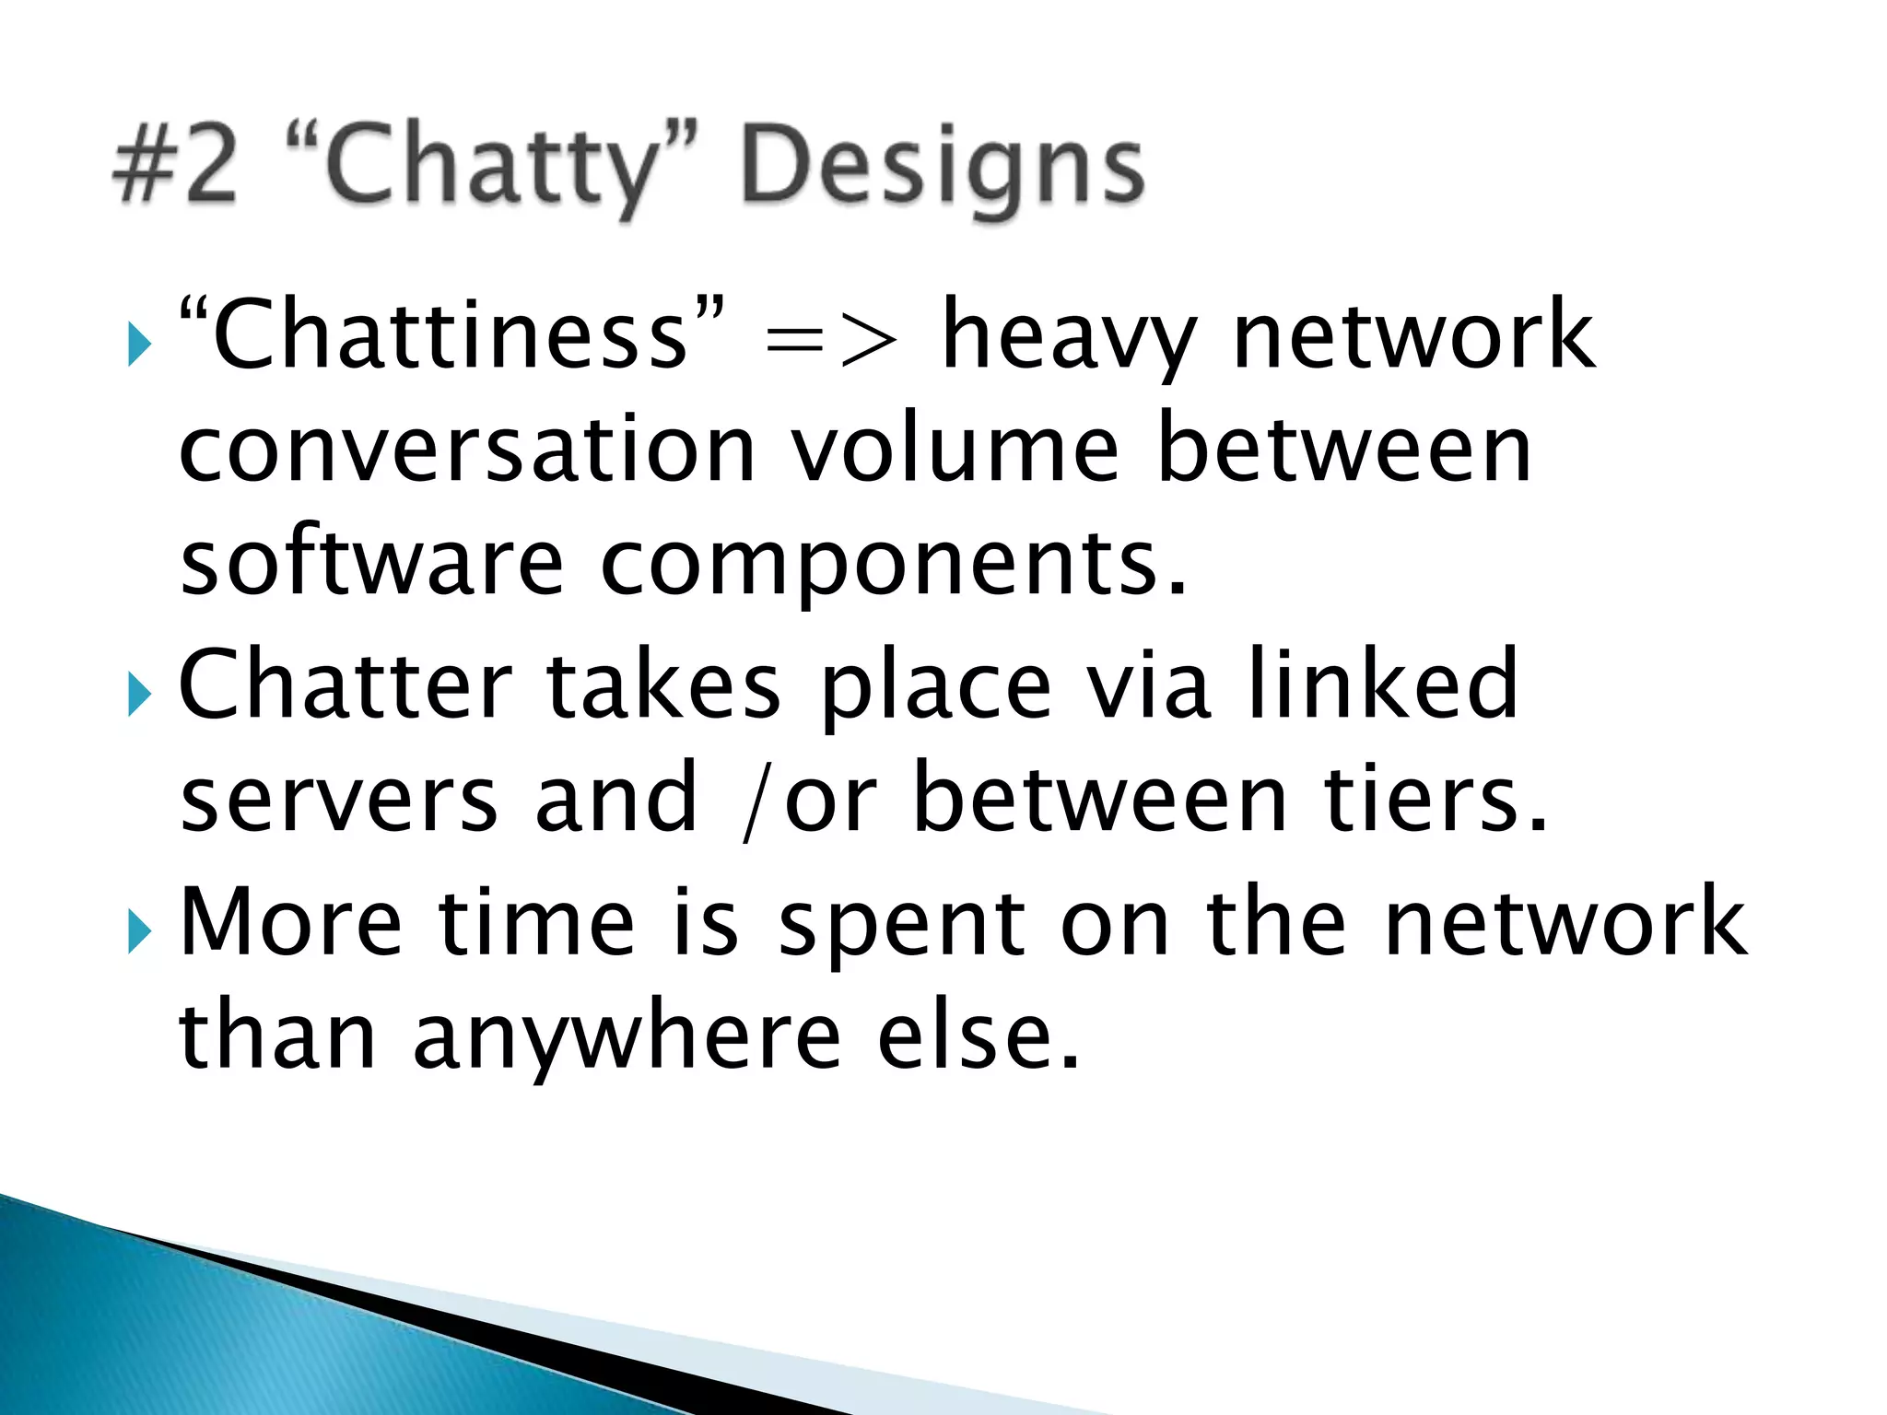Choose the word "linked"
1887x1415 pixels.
click(1382, 684)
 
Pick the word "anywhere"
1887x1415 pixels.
click(627, 1037)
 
